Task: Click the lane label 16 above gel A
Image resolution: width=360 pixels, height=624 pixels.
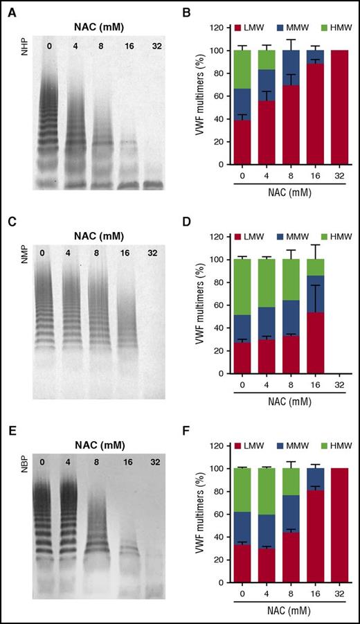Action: pyautogui.click(x=129, y=46)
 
